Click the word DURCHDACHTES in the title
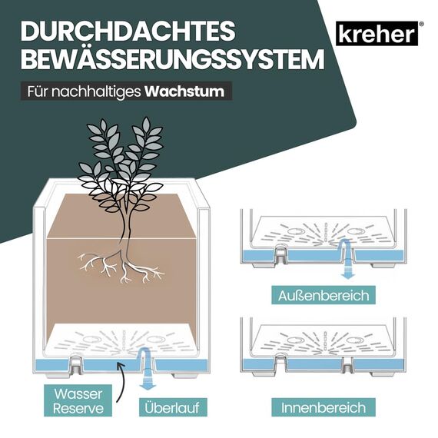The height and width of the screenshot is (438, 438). [126, 31]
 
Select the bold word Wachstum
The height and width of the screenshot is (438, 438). [188, 91]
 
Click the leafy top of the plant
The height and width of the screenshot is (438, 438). [123, 161]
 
